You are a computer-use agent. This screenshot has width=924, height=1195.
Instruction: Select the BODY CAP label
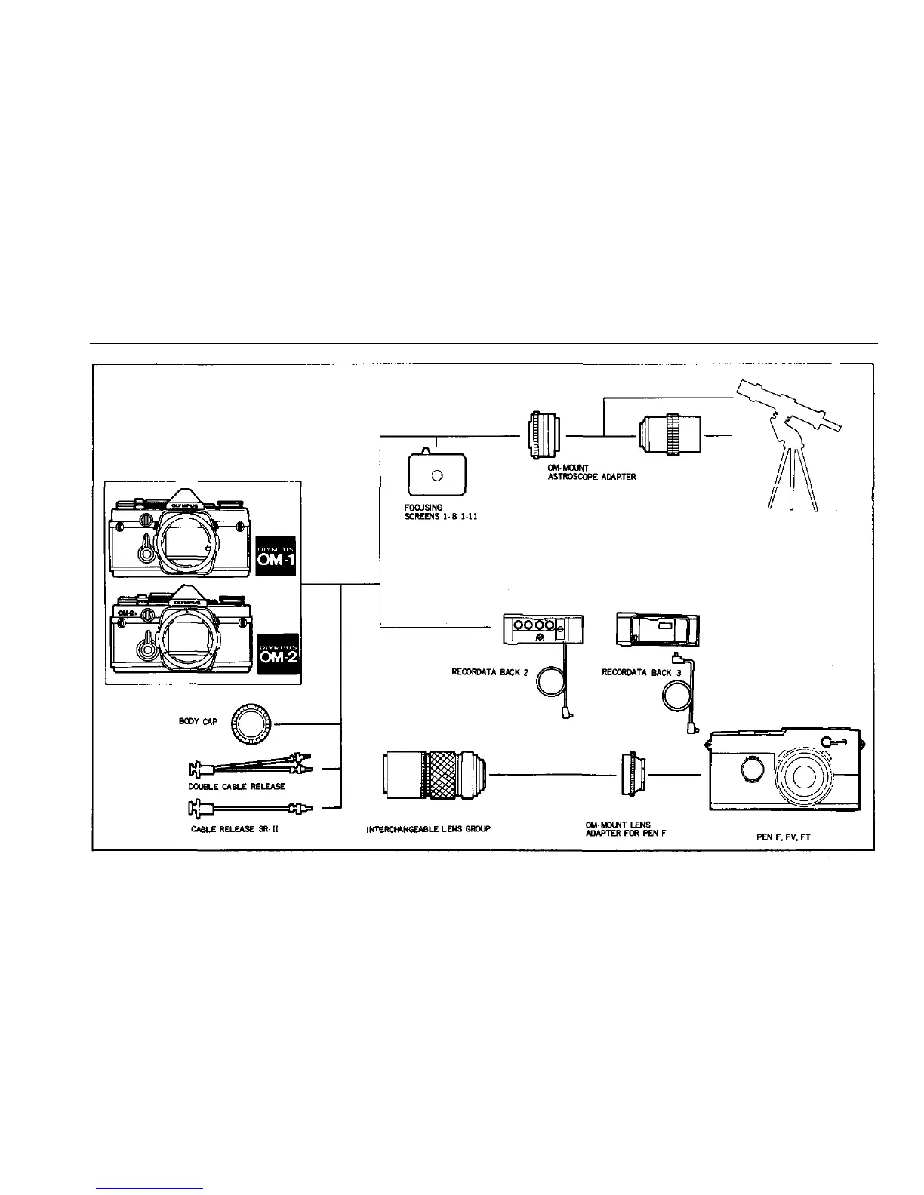(x=199, y=722)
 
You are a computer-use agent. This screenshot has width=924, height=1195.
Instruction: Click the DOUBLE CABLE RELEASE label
(x=236, y=786)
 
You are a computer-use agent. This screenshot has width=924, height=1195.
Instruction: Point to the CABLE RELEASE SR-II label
(x=236, y=828)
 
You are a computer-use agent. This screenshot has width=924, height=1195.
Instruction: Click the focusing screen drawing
(x=436, y=474)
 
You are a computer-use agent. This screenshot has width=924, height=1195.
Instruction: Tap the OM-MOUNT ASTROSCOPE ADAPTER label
(x=592, y=472)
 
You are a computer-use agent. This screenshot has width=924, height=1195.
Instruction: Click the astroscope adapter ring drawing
(x=544, y=435)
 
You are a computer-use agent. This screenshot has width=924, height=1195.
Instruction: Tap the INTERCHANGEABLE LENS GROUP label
(x=428, y=829)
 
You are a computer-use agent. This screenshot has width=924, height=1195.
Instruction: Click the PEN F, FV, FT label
(x=783, y=837)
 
